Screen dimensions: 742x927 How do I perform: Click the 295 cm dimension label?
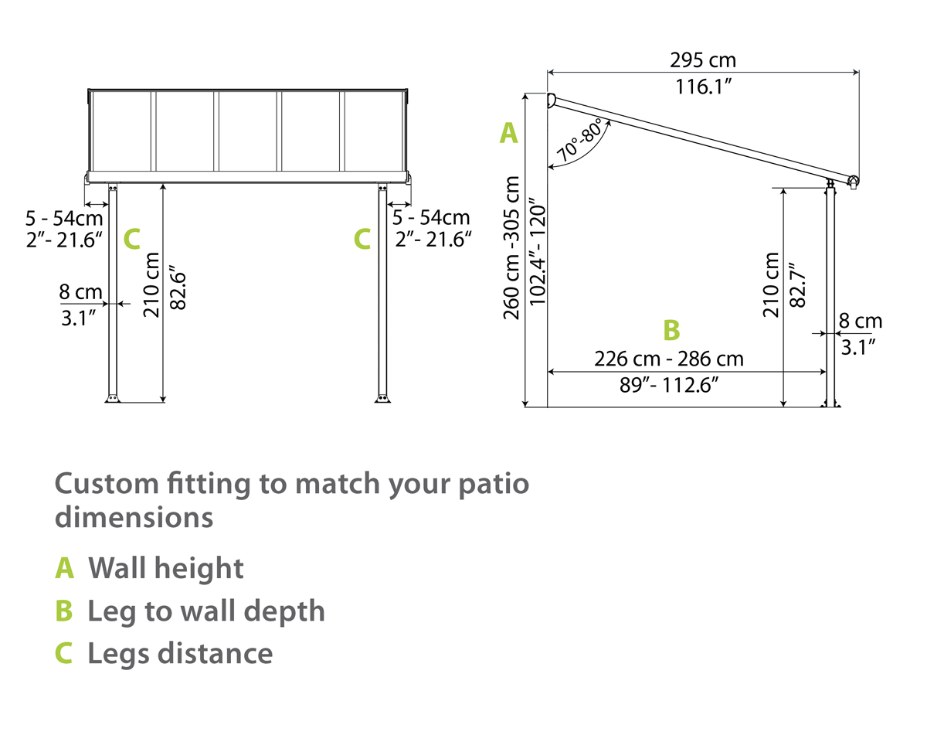tap(702, 60)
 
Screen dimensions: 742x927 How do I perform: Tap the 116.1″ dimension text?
tap(704, 87)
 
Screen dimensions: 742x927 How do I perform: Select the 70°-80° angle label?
tap(580, 140)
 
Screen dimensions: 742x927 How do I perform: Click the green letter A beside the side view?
tap(508, 133)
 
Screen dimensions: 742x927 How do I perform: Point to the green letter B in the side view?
tap(671, 330)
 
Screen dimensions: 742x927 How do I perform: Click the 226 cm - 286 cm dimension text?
tap(669, 359)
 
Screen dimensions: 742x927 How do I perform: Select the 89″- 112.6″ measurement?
tap(669, 385)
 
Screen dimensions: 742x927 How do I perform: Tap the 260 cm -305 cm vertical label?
tap(512, 247)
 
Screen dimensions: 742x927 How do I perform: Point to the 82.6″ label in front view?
tap(178, 287)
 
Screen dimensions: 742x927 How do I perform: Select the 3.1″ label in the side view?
tap(859, 347)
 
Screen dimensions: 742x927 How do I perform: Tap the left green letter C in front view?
tap(131, 240)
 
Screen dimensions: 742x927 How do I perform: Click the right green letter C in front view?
tap(362, 240)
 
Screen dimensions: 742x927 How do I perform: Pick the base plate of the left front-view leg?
tap(113, 399)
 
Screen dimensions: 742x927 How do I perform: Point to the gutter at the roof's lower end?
tap(853, 182)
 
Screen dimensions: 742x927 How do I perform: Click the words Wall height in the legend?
tap(166, 568)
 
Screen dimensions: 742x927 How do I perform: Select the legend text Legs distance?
tap(180, 653)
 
